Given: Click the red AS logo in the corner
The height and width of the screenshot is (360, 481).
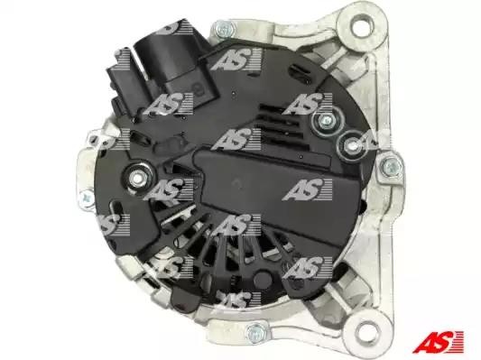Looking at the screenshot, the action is coord(438,341).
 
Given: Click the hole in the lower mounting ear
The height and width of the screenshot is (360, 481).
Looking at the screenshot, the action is coord(366,332).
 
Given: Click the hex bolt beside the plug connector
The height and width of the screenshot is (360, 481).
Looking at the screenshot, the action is coord(225,29).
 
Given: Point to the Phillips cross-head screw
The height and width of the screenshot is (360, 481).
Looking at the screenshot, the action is coord(87,198).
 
